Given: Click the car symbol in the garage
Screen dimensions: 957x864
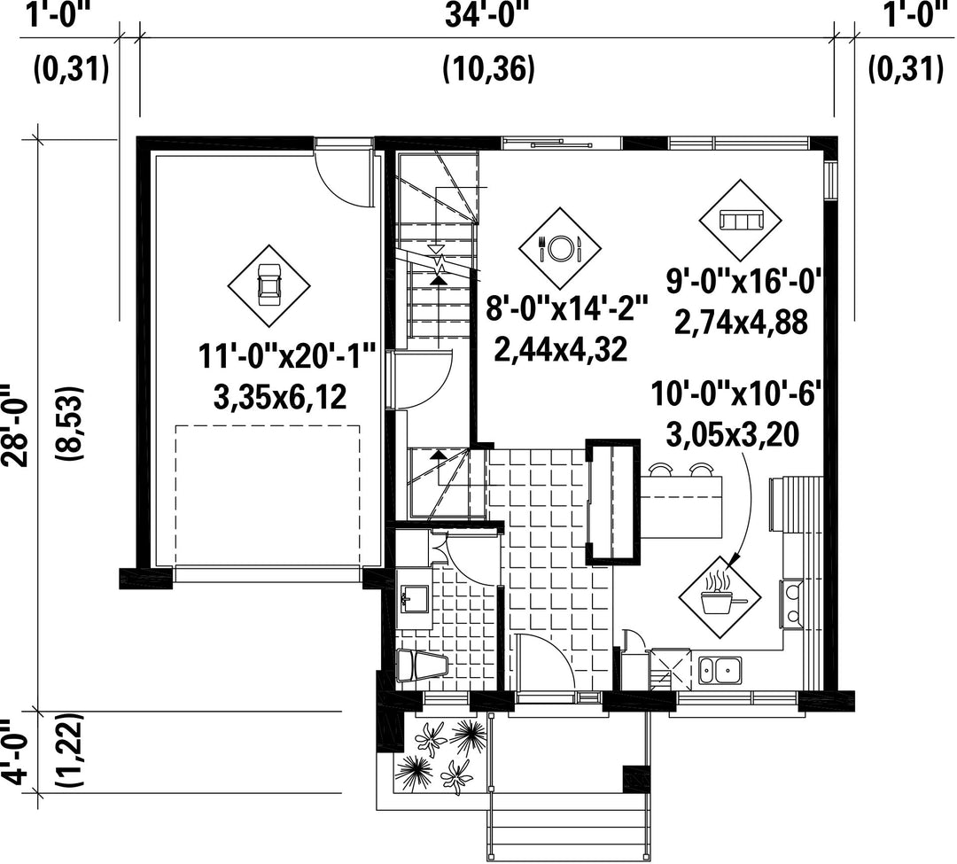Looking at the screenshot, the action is [x=268, y=285].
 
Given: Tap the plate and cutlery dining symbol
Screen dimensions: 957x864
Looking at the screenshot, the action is [x=560, y=248].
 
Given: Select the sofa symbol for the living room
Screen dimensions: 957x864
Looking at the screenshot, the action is [x=740, y=221].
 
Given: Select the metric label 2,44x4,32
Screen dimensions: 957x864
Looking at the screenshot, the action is [x=561, y=350].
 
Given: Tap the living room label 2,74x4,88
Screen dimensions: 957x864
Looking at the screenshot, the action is [x=741, y=323].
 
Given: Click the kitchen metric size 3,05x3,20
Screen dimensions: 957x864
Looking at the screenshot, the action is [x=733, y=435].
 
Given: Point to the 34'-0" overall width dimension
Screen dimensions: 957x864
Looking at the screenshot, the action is [x=486, y=15].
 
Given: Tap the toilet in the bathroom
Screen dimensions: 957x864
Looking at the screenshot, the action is [x=421, y=666].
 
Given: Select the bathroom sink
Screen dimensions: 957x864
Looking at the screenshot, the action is [x=415, y=599].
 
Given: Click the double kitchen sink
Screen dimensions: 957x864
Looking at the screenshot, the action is [x=720, y=670].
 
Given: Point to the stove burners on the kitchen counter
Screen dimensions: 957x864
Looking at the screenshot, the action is [x=791, y=603].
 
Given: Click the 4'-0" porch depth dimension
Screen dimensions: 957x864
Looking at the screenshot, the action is [x=15, y=751].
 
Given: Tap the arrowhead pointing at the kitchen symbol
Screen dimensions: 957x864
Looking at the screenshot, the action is [x=735, y=557].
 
